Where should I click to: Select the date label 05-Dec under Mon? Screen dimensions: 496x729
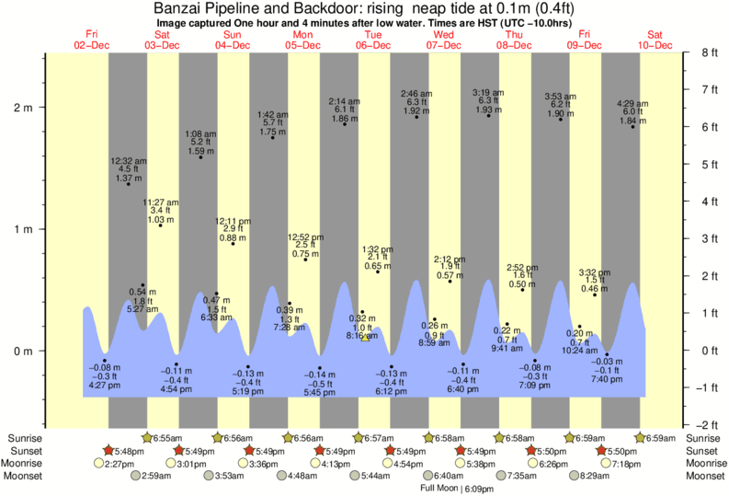click(x=302, y=45)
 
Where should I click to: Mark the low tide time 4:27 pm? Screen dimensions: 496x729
click(x=104, y=386)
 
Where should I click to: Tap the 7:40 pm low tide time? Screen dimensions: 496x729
click(x=607, y=379)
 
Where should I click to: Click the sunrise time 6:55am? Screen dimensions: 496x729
click(x=167, y=438)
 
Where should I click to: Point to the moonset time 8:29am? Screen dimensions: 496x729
click(x=596, y=476)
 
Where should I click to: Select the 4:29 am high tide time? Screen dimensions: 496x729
click(x=632, y=102)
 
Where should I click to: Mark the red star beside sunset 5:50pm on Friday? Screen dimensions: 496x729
click(x=601, y=451)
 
